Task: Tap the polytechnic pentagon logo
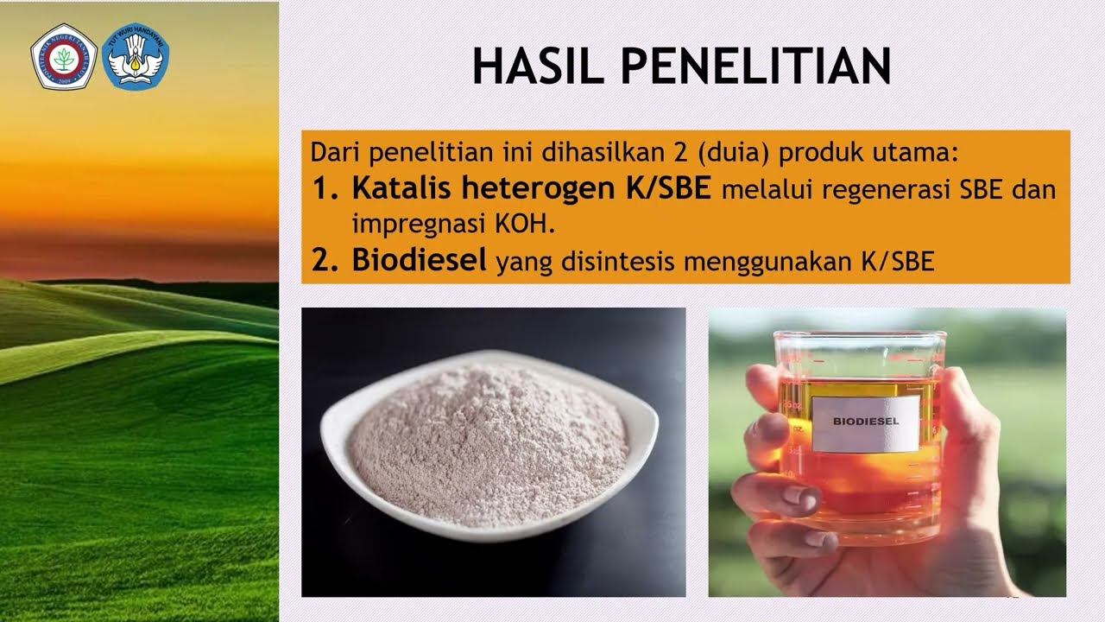(63, 58)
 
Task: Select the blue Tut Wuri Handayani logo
(136, 57)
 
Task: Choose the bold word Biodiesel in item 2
(420, 261)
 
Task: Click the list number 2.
(324, 262)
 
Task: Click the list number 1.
(324, 189)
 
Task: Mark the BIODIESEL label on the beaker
(866, 422)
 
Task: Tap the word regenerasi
(874, 190)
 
